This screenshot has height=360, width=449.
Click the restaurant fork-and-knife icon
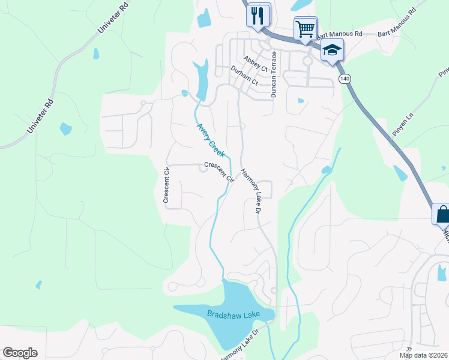pos(258,15)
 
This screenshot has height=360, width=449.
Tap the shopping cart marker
pos(305,29)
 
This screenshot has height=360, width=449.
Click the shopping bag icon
pos(442,214)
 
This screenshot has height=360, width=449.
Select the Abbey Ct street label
pos(255,64)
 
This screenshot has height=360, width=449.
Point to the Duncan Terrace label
pos(274,74)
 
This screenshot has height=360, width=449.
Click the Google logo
pos(20,353)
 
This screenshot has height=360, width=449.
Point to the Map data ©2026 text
pos(423,355)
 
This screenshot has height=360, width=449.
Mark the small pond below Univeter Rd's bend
pos(96,53)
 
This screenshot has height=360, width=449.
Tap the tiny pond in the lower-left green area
pos(38,284)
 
